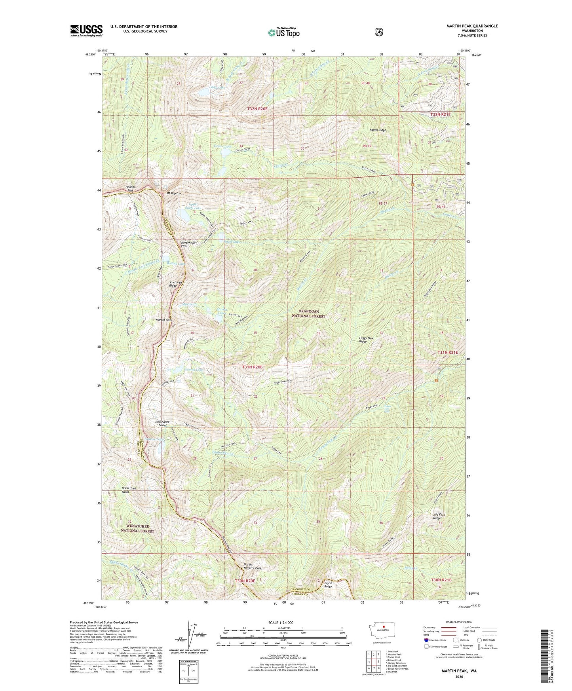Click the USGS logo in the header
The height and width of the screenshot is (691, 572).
point(86,30)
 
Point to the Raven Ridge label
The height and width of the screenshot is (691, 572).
point(377,130)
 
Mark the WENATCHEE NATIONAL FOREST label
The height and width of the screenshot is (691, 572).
point(138,528)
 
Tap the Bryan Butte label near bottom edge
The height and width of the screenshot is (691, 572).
point(328,585)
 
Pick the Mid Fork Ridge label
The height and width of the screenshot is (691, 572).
point(439,516)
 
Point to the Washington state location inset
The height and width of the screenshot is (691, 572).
point(383,638)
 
